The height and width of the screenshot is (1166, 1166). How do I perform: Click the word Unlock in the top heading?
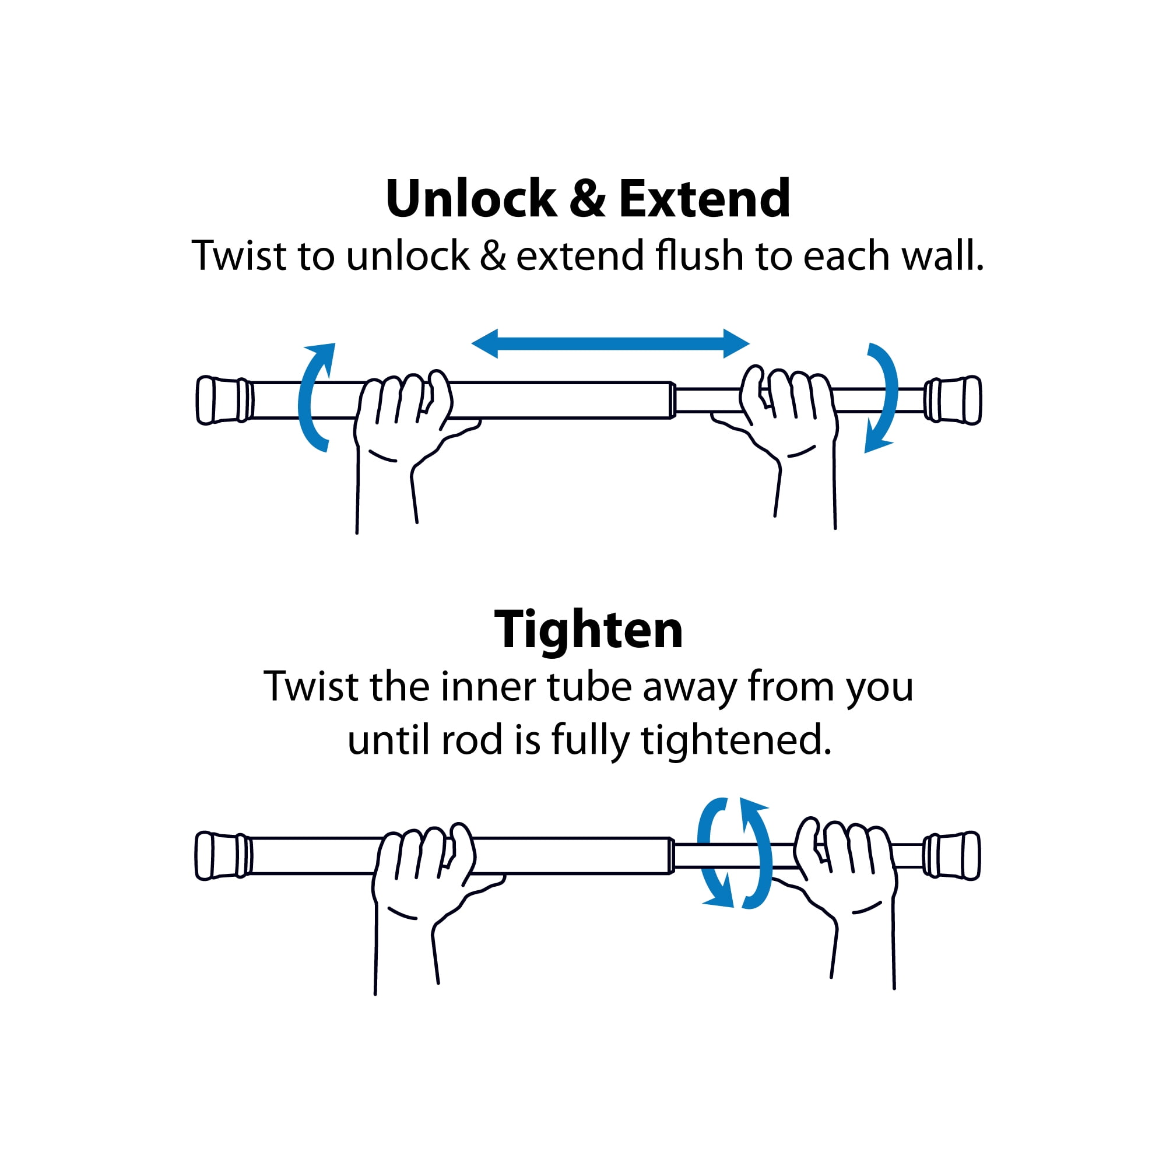tap(471, 199)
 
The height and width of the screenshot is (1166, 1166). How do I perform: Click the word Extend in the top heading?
tap(704, 199)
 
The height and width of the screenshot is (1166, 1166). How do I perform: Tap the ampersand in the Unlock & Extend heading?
tap(587, 199)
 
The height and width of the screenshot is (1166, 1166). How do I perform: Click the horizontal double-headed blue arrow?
tap(610, 343)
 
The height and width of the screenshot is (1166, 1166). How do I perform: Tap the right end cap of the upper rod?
tap(953, 400)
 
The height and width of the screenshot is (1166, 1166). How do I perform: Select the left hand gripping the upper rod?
tap(410, 447)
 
